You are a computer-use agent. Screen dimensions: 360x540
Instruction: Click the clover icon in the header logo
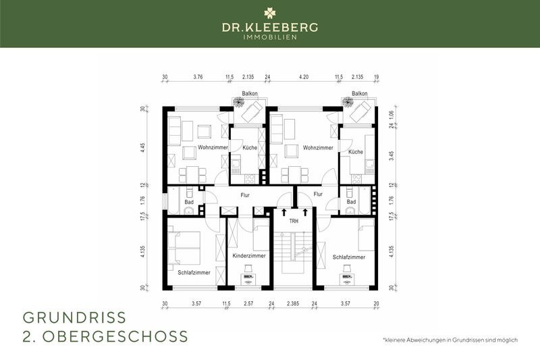(x=270, y=13)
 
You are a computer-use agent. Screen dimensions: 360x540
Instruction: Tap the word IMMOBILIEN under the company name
(x=270, y=37)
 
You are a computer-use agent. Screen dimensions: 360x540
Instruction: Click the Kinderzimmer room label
(x=248, y=257)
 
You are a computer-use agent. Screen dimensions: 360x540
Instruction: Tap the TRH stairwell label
(x=294, y=221)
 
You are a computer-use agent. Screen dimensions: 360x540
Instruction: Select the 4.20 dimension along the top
(x=304, y=76)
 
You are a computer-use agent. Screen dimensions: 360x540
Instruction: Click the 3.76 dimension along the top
(x=198, y=76)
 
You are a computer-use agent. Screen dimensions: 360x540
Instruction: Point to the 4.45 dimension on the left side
(x=143, y=147)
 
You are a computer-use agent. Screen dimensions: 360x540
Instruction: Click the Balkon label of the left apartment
(x=250, y=93)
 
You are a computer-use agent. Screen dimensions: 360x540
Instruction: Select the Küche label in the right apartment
(x=355, y=152)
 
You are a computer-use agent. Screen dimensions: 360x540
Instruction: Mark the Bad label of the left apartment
(x=189, y=202)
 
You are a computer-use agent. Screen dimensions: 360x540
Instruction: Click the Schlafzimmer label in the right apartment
(x=349, y=257)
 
